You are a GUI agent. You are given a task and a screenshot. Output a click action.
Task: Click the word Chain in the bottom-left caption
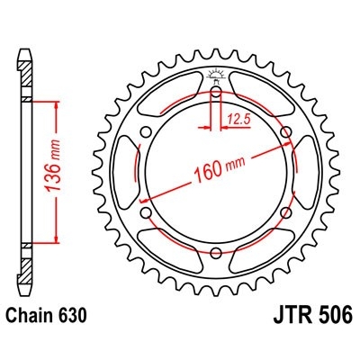point(33,316)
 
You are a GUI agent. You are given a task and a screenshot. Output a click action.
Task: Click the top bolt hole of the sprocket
point(216,93)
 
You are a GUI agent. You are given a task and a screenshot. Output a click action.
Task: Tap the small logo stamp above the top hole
point(216,75)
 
